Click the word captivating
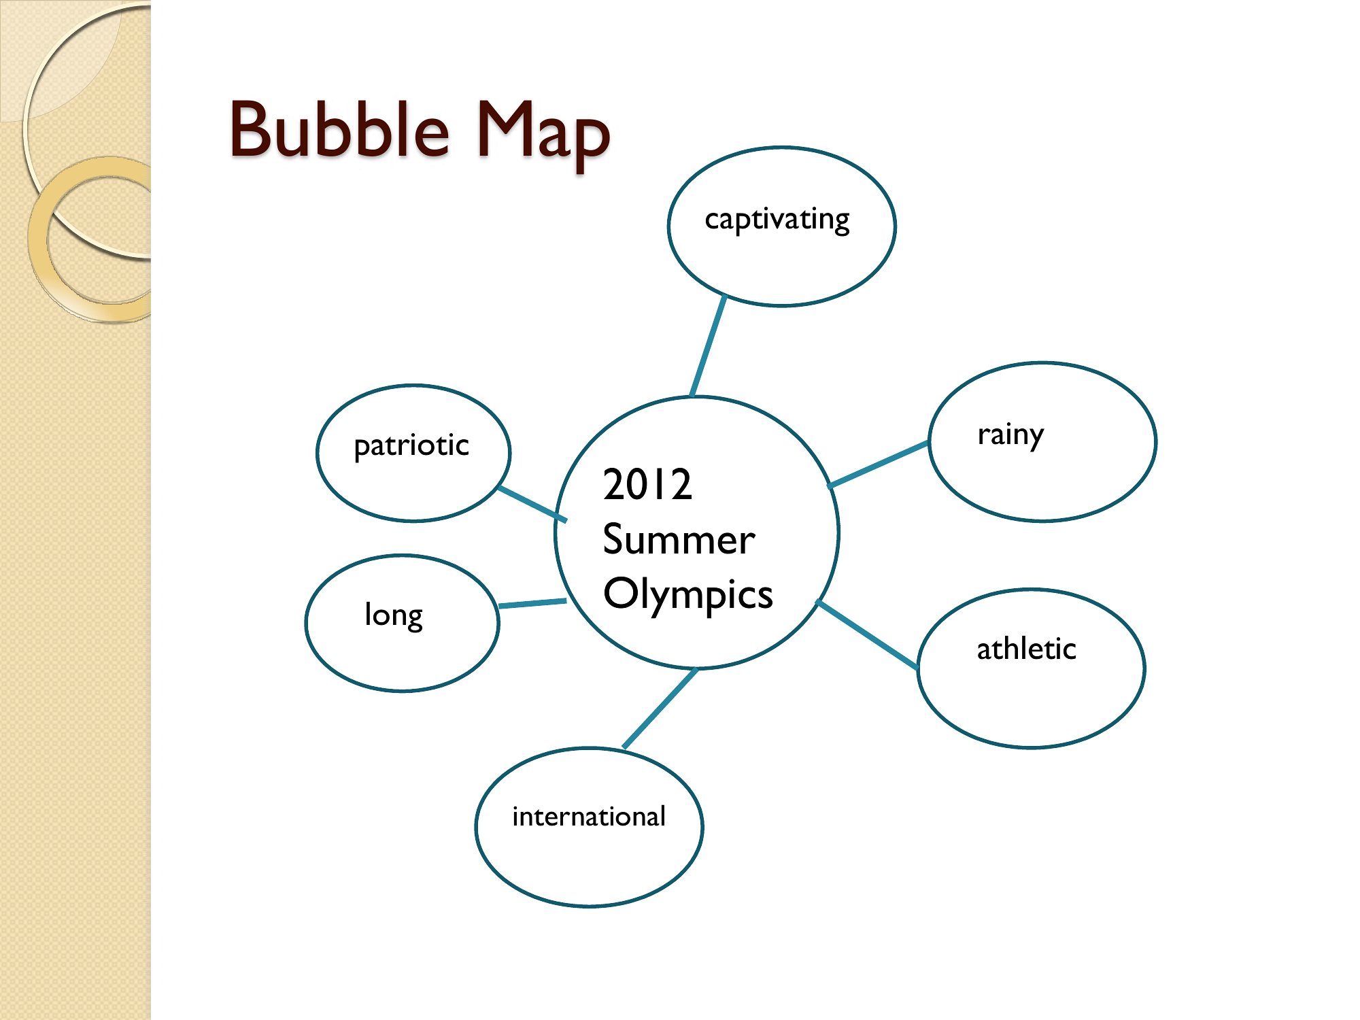click(777, 220)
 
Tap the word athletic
click(1026, 649)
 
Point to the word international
click(589, 816)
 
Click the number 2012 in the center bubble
click(647, 485)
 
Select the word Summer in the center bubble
click(679, 540)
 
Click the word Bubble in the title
click(339, 129)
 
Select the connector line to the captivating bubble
click(708, 346)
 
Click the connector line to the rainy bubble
click(878, 464)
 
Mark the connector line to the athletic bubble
click(867, 634)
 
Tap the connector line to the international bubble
click(660, 708)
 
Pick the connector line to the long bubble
click(532, 603)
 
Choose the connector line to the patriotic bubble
click(532, 504)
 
